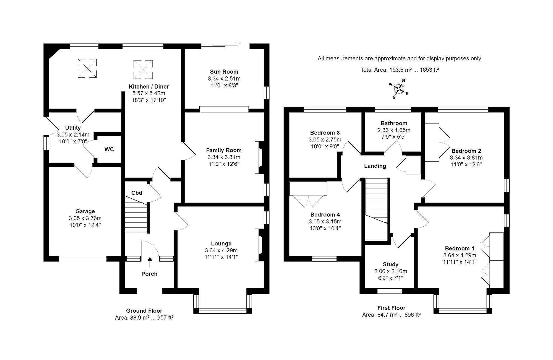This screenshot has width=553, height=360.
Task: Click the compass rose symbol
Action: pyautogui.click(x=399, y=89)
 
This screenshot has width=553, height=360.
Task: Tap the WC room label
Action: pyautogui.click(x=109, y=149)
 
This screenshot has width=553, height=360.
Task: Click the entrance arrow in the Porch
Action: pyautogui.click(x=150, y=262)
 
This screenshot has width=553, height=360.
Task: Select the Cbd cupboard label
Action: pyautogui.click(x=137, y=193)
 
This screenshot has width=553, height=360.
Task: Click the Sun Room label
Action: pyautogui.click(x=224, y=72)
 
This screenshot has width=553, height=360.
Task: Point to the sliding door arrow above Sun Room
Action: pyautogui.click(x=237, y=43)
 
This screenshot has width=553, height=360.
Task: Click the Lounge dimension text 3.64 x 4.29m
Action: pyautogui.click(x=221, y=250)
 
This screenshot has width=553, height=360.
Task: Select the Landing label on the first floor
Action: pyautogui.click(x=375, y=166)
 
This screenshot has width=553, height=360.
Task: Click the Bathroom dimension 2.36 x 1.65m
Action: pyautogui.click(x=394, y=130)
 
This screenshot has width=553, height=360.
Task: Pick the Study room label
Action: pyautogui.click(x=390, y=264)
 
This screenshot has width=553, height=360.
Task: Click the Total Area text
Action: pyautogui.click(x=400, y=70)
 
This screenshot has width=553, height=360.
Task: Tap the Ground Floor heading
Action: pyautogui.click(x=144, y=311)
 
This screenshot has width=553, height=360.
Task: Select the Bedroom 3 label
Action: pyautogui.click(x=325, y=133)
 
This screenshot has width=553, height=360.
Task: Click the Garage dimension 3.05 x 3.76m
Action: pyautogui.click(x=85, y=218)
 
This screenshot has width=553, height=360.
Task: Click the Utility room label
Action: pyautogui.click(x=73, y=128)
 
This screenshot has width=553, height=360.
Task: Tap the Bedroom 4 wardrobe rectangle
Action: pyautogui.click(x=308, y=188)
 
